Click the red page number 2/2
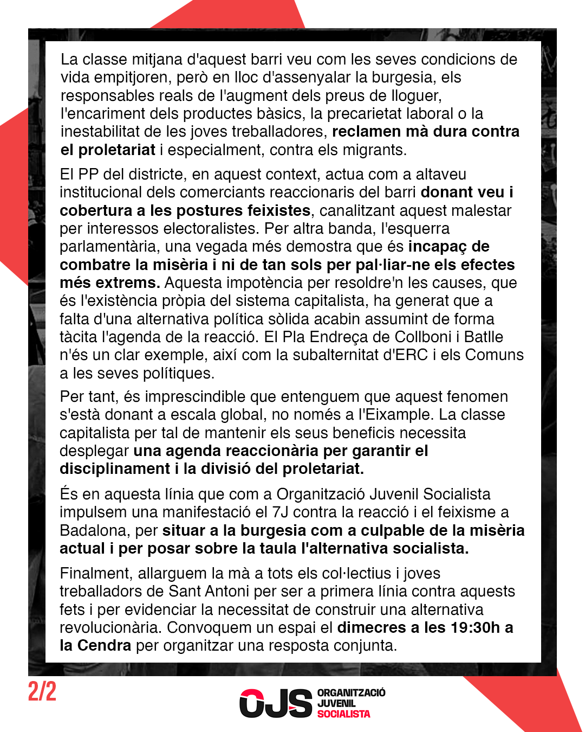click(x=42, y=692)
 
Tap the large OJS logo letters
click(x=276, y=703)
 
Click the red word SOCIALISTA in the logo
click(x=343, y=714)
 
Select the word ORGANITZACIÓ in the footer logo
click(x=351, y=692)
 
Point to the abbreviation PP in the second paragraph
click(x=88, y=175)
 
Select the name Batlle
click(x=483, y=337)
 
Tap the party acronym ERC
click(x=411, y=355)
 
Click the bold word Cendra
click(x=104, y=646)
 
